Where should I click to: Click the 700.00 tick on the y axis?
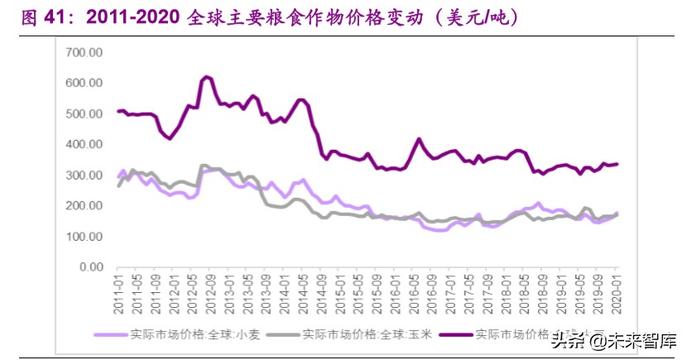[x=84, y=52]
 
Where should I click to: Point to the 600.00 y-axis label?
[x=84, y=83]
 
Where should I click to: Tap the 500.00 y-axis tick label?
[x=84, y=113]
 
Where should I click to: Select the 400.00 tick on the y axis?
[x=84, y=145]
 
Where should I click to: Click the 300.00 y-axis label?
[x=84, y=175]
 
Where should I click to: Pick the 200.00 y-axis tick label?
[x=84, y=206]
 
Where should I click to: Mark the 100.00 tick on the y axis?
[x=84, y=237]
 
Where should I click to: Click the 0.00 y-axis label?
[x=89, y=267]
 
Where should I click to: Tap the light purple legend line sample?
[x=110, y=335]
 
